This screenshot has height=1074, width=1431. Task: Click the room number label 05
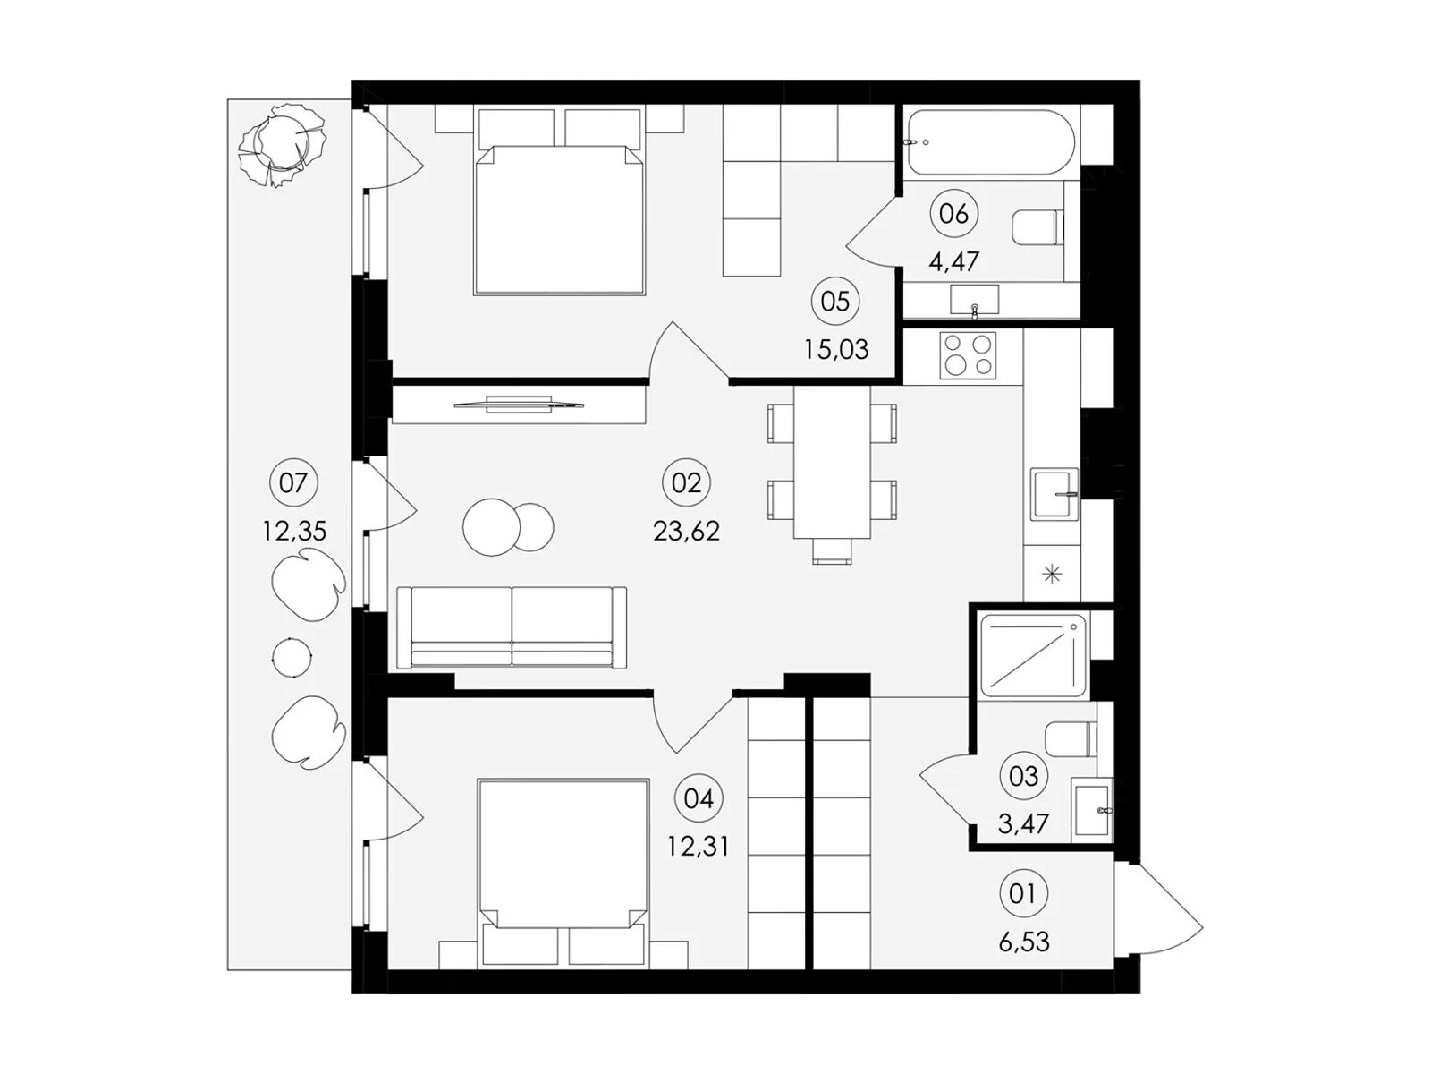tap(835, 302)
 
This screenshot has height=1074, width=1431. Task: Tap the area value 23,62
tap(687, 532)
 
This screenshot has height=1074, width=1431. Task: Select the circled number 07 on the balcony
tap(293, 483)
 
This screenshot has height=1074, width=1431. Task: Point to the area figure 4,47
tap(953, 261)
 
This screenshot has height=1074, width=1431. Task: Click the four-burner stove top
tap(968, 355)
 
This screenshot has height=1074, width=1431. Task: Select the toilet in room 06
tap(1037, 227)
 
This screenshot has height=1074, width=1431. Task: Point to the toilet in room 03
tap(1071, 739)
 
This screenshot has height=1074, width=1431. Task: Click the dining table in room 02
tap(832, 463)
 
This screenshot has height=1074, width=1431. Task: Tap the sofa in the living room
tap(512, 627)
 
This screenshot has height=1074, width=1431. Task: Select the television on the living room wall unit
tap(519, 405)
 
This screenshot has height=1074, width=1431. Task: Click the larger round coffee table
tap(492, 527)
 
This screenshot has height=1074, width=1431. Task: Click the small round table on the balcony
tap(292, 657)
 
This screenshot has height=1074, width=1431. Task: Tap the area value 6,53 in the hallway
tap(1023, 942)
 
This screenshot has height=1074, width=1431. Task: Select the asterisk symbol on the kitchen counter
tap(1052, 575)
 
